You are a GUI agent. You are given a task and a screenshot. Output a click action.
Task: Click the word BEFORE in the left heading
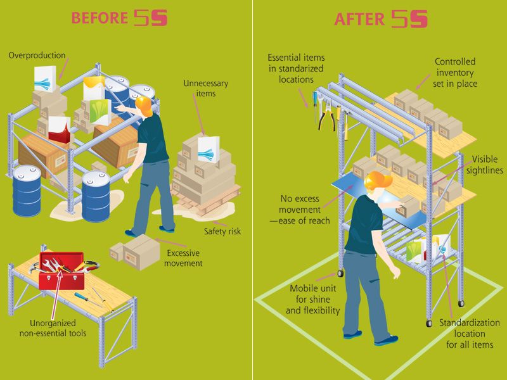(x=99, y=18)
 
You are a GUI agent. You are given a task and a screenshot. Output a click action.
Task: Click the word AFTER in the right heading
(x=359, y=19)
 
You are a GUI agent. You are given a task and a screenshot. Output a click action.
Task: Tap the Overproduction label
(x=37, y=55)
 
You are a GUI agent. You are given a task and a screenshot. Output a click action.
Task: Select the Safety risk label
(x=222, y=231)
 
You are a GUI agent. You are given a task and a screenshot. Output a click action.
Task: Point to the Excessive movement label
(x=183, y=258)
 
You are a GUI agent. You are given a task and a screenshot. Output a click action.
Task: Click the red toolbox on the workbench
(x=61, y=271)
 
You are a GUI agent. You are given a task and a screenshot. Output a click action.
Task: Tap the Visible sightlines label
(x=485, y=165)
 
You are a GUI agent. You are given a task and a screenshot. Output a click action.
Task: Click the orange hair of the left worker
(x=144, y=106)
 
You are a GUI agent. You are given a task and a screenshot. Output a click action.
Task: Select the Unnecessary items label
(x=205, y=88)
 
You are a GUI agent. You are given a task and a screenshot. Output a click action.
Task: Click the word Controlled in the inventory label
(x=455, y=61)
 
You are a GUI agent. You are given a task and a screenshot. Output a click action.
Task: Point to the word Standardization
(x=470, y=322)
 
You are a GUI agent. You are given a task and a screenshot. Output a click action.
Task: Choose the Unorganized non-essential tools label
(x=53, y=328)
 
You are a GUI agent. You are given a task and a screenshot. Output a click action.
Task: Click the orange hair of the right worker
(x=377, y=180)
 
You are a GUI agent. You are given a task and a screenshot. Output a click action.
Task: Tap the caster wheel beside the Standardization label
(x=429, y=323)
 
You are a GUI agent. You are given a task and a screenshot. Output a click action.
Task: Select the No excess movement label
(x=300, y=210)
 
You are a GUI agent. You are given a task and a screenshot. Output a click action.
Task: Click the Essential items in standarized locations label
(x=296, y=68)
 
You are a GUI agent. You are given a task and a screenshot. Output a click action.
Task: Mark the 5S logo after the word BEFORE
(x=151, y=18)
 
